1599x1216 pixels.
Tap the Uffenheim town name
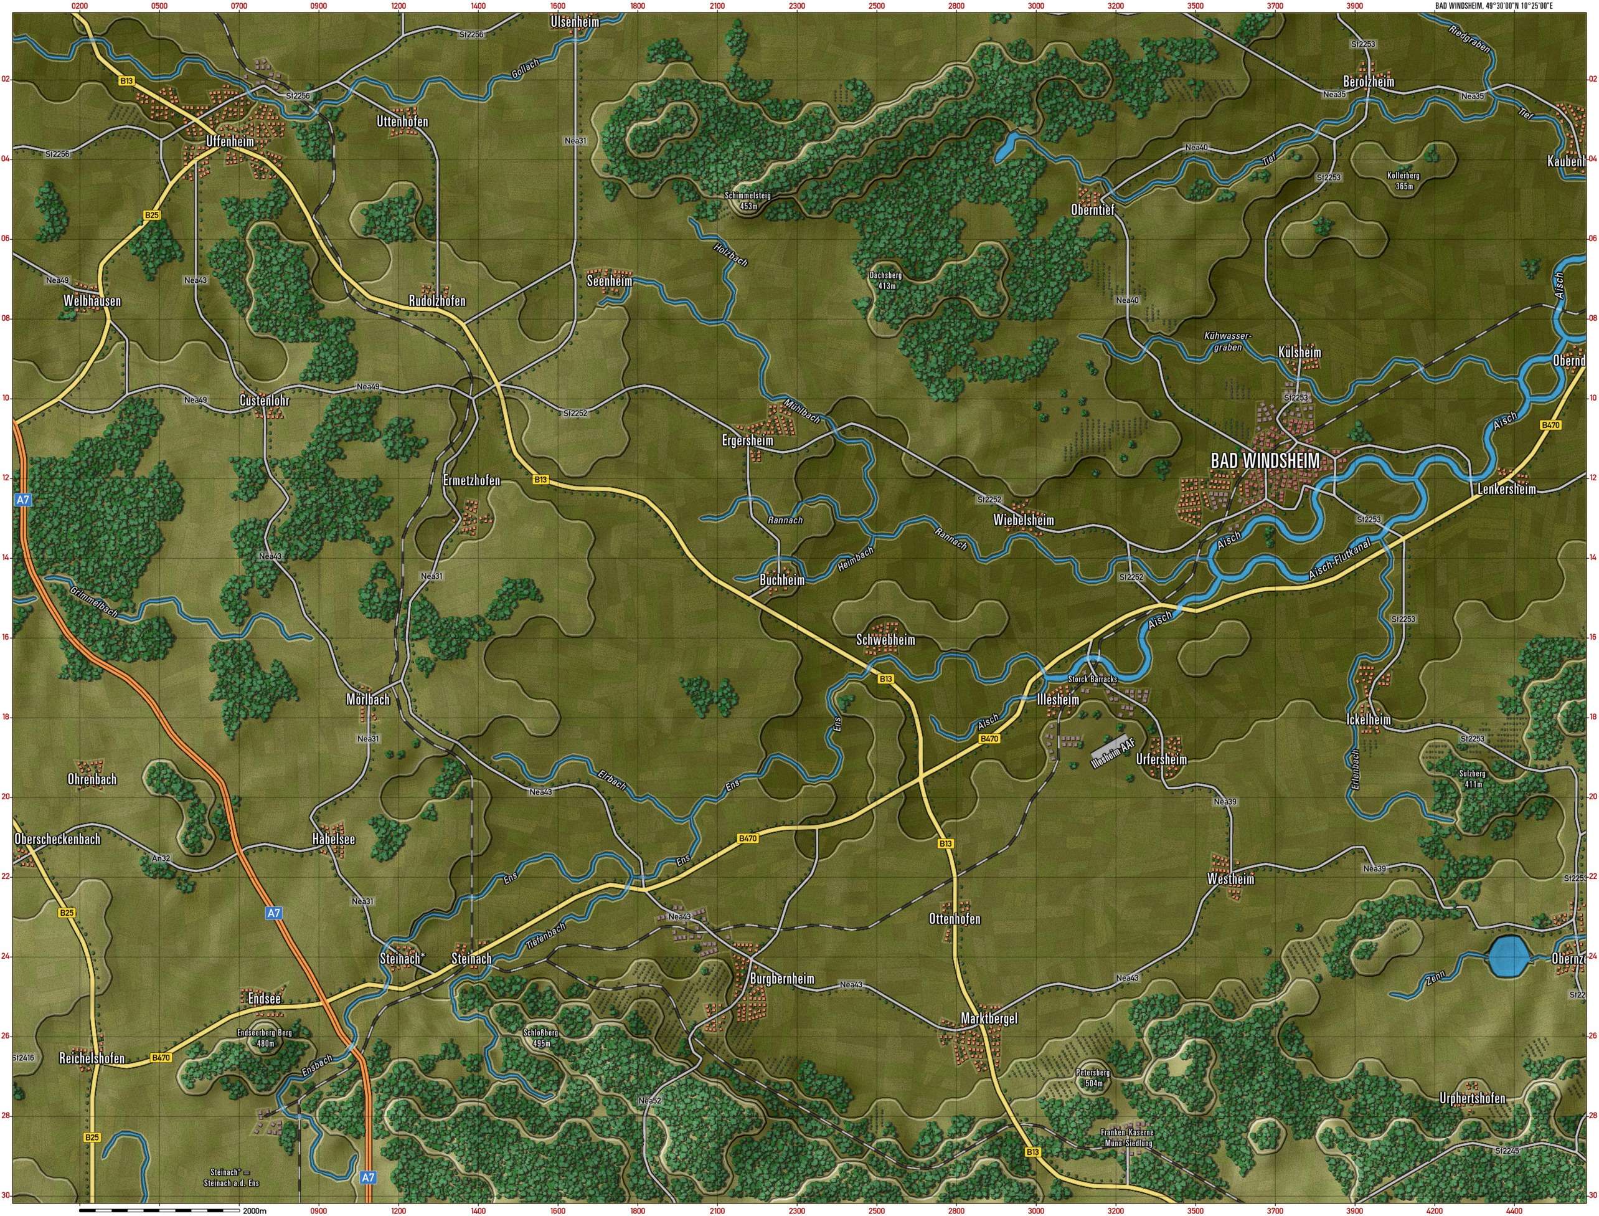click(230, 141)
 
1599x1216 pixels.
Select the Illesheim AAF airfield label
click(1113, 754)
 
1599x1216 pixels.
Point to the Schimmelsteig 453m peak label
click(748, 201)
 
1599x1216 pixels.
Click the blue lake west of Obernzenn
click(1509, 957)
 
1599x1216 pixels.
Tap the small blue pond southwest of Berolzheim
click(1006, 147)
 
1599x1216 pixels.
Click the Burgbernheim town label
click(782, 979)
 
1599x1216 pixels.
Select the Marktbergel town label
click(988, 1019)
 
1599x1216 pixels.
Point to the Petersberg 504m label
click(1093, 1078)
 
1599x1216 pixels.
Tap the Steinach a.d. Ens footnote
click(231, 1177)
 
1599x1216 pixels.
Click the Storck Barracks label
click(1093, 679)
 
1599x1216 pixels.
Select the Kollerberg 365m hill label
click(1403, 180)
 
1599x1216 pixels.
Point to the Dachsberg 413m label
click(886, 280)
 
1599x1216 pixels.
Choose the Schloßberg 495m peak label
click(540, 1038)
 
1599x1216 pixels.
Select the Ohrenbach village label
click(92, 779)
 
